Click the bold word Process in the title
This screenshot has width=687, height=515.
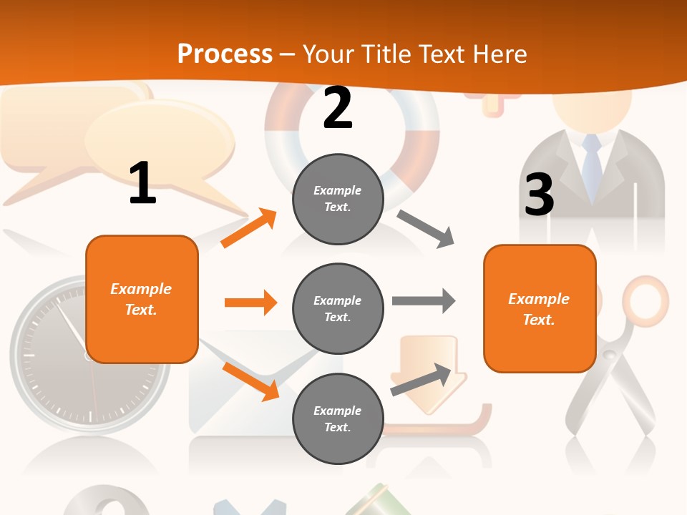tap(225, 54)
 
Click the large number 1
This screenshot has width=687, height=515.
tap(142, 184)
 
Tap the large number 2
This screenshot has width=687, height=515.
tap(338, 108)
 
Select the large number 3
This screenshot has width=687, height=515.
tap(539, 195)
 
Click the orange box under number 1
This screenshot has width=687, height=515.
tap(142, 299)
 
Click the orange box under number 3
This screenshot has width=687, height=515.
tap(540, 308)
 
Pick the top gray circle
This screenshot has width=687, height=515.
tap(338, 199)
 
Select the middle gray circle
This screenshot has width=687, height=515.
tap(338, 308)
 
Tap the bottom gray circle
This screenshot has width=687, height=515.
tap(338, 418)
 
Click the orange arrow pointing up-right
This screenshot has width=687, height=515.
tap(249, 227)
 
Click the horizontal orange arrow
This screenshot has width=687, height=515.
tap(250, 303)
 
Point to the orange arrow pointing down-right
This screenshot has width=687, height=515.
tap(250, 381)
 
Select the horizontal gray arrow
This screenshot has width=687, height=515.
tap(424, 300)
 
